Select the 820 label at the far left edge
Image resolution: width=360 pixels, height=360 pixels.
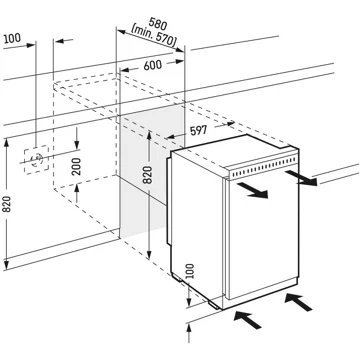[x=7, y=206]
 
